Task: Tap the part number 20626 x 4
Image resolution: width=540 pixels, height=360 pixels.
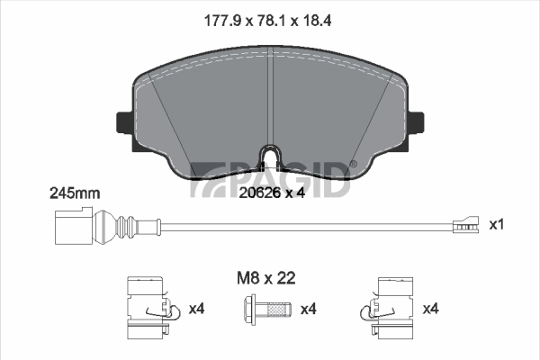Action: [x=270, y=192]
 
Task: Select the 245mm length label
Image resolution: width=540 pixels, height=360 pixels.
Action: [x=75, y=193]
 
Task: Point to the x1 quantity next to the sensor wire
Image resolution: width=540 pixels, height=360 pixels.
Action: [x=496, y=223]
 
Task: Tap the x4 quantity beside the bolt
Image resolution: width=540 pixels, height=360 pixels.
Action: [x=309, y=310]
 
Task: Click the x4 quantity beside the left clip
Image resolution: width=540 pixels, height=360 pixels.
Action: [x=197, y=310]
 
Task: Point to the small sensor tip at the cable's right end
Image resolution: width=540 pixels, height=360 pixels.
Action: [x=464, y=224]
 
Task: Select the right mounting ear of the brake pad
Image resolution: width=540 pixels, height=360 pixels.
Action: [x=418, y=120]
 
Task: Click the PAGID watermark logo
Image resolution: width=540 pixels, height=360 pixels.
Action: [x=270, y=177]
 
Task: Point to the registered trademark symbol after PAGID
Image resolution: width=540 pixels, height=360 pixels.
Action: [x=353, y=163]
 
